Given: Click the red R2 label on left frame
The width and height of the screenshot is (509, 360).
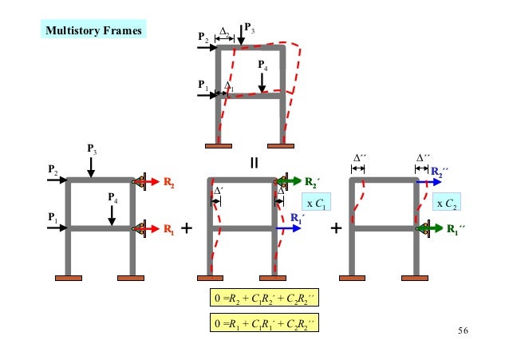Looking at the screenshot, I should pos(168,183).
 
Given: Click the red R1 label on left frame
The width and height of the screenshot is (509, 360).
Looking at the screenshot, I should pos(168,230).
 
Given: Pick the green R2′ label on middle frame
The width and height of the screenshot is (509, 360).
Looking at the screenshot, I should pos(313,182).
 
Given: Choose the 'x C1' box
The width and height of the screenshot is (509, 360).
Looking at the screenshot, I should pos(315,204).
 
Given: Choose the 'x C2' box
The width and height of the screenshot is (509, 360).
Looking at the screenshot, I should pos(447,204).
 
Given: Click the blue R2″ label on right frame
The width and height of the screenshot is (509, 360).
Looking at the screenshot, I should pos(440,172).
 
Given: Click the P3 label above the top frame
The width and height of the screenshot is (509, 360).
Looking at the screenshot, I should pos(250,29).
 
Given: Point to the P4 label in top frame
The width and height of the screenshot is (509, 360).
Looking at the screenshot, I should pos(263,66).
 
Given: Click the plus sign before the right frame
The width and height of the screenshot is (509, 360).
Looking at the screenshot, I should pos(336,230).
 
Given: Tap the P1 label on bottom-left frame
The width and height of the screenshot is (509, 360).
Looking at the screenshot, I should pos(52,217).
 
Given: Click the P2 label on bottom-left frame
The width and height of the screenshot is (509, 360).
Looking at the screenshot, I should pos(52,170).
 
